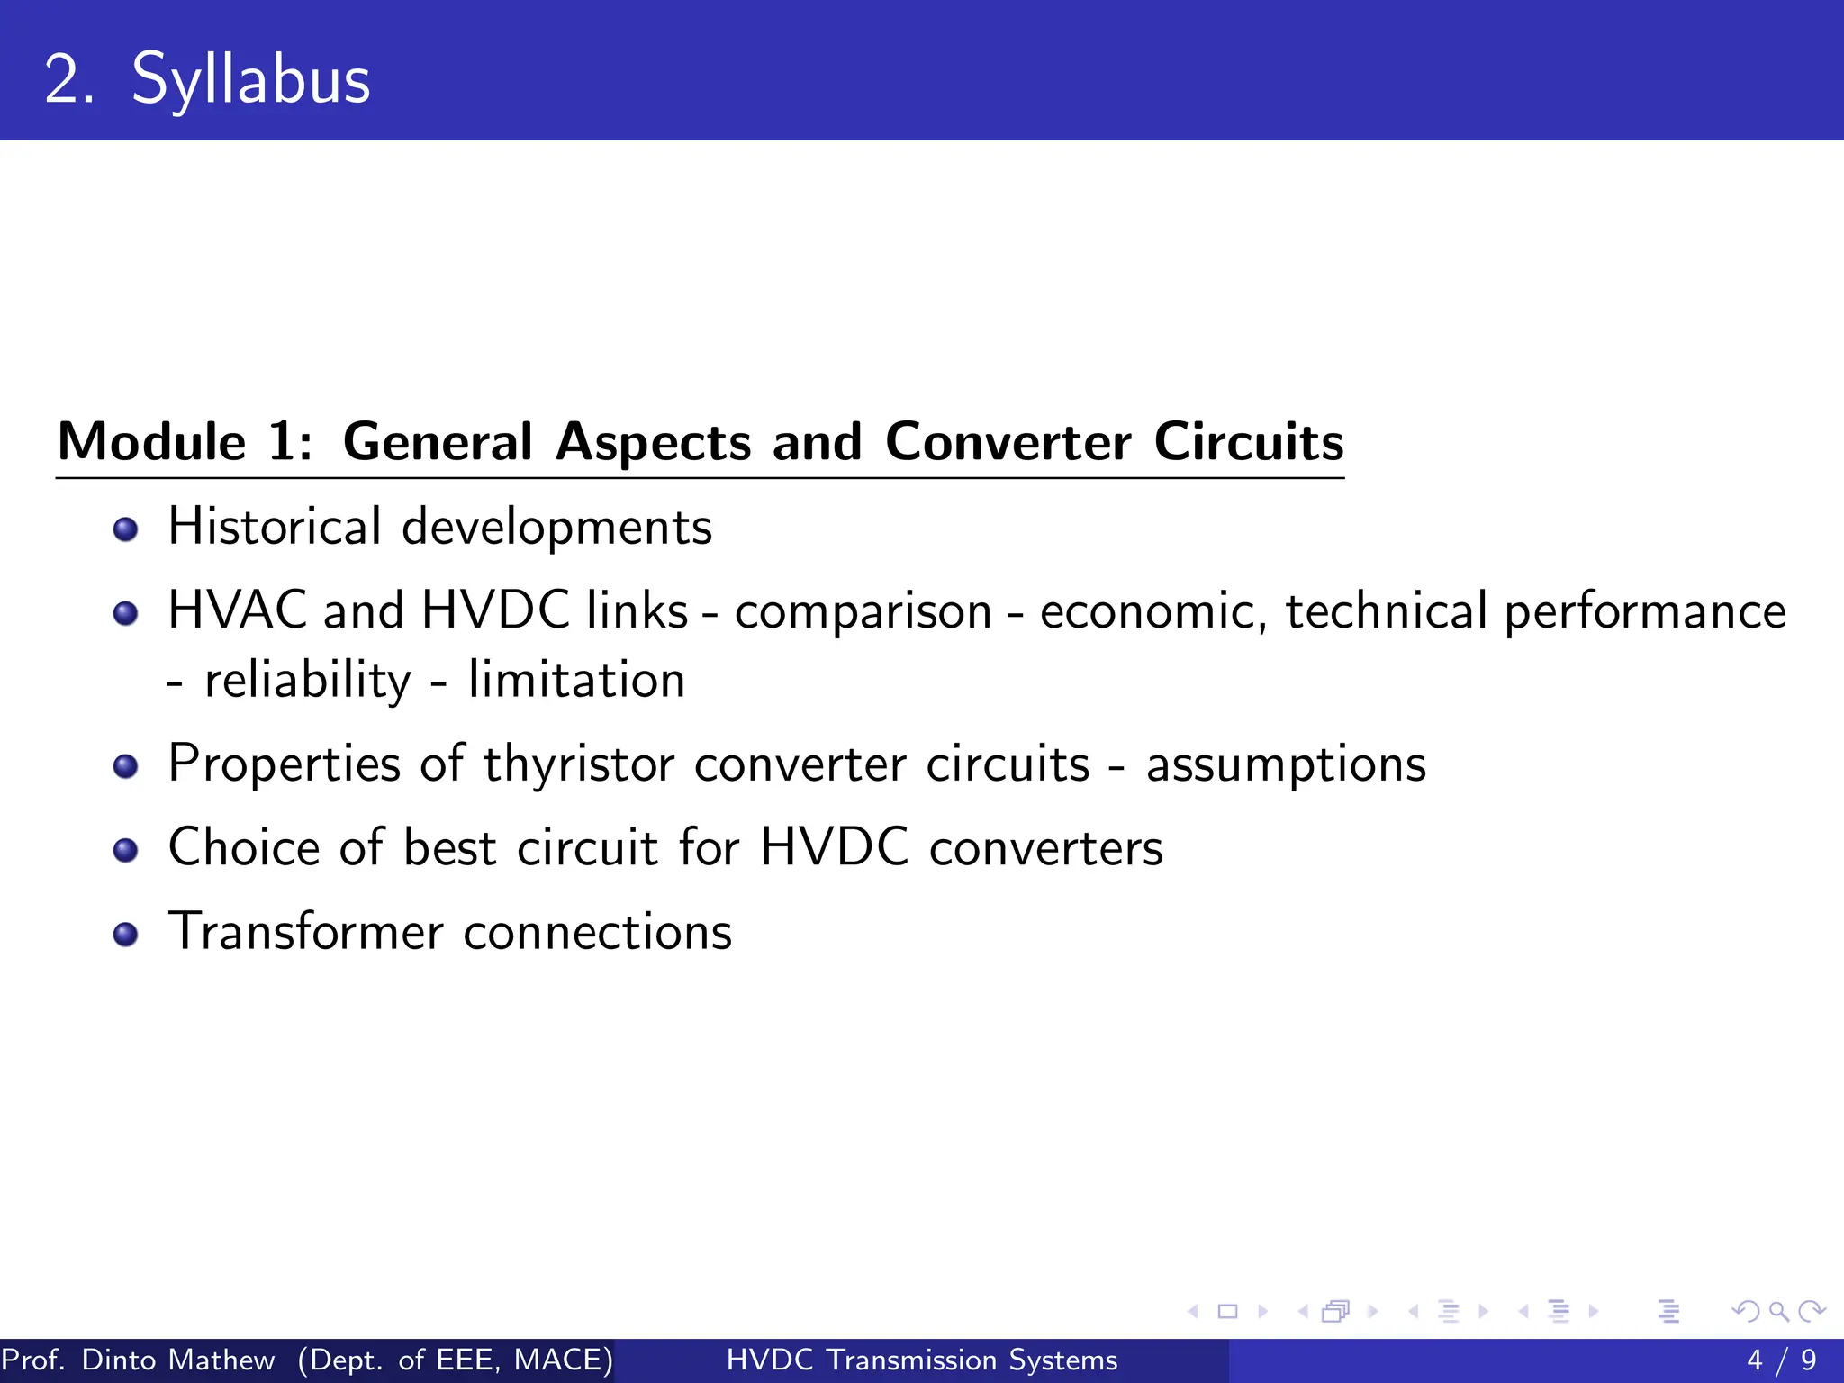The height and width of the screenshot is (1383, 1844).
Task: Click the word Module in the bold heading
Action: (151, 442)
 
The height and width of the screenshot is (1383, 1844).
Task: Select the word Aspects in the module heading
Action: (653, 442)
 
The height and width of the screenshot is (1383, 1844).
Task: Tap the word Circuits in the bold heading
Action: (1249, 442)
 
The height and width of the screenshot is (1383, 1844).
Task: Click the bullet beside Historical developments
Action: (126, 529)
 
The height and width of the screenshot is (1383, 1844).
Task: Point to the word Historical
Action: (275, 527)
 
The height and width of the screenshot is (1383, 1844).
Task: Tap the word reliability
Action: (307, 681)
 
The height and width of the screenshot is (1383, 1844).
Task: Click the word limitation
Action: (576, 680)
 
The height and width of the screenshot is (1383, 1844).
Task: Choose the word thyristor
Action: (578, 765)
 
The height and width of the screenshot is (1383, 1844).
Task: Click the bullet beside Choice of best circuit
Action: (126, 850)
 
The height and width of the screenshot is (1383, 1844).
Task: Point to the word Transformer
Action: (306, 932)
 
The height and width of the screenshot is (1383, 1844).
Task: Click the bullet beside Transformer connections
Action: (126, 934)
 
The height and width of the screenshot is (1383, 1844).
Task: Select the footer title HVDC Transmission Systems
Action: (922, 1360)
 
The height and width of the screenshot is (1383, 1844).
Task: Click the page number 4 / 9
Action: (1781, 1360)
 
